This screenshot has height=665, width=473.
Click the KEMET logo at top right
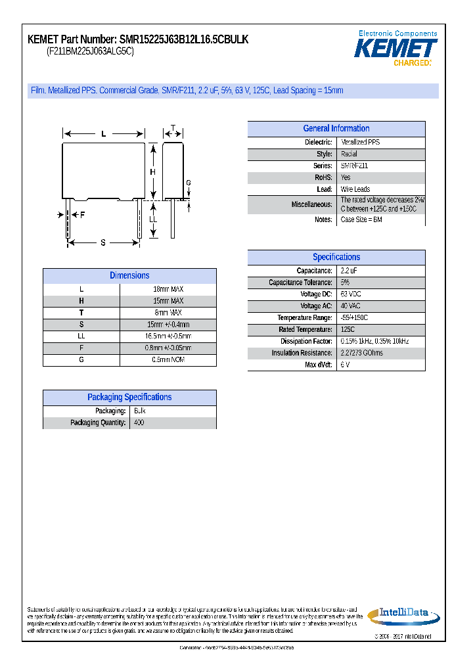click(396, 49)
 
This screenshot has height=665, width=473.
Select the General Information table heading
click(336, 129)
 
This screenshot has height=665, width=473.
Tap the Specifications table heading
click(336, 258)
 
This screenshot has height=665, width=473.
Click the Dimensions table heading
click(129, 276)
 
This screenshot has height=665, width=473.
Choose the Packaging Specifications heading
click(129, 398)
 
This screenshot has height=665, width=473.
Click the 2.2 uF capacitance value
click(349, 271)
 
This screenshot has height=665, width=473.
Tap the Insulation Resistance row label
click(302, 353)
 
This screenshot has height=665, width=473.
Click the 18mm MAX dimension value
click(168, 289)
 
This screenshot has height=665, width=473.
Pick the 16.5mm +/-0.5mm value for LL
click(168, 336)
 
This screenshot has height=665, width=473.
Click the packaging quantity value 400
click(139, 423)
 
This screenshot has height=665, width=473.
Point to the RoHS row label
click(324, 177)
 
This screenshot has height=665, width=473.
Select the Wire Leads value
click(355, 189)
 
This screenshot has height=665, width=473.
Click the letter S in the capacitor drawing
click(103, 243)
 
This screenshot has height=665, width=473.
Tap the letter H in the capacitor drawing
click(152, 172)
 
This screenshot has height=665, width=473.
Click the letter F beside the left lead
click(83, 215)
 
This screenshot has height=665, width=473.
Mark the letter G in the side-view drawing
click(188, 183)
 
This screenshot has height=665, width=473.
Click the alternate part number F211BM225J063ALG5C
click(90, 51)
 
